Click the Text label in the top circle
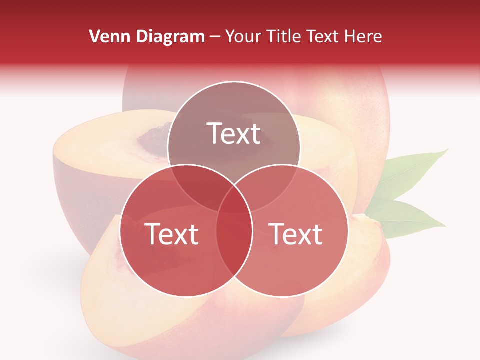click(x=234, y=133)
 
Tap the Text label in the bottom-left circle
click(x=171, y=234)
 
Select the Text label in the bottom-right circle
click(x=296, y=234)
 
